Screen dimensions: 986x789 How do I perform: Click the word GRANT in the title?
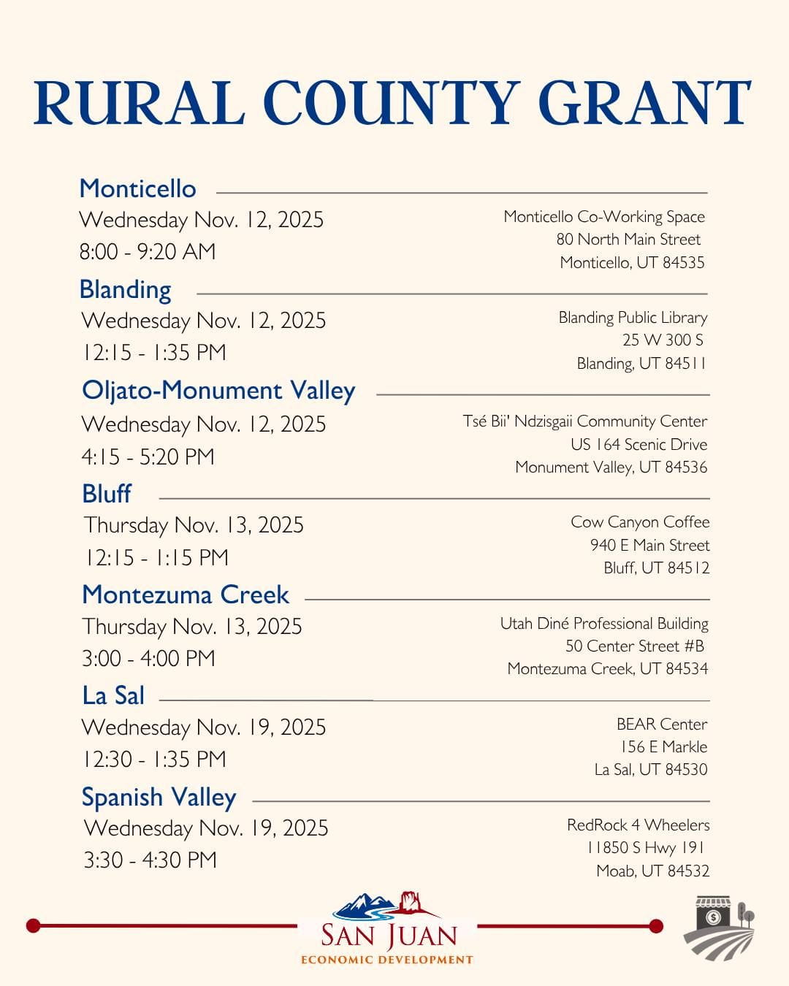[x=644, y=103]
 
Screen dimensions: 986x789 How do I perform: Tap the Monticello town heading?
[x=137, y=188]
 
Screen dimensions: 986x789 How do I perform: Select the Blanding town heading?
[x=125, y=289]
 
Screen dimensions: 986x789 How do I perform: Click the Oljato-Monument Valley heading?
[x=218, y=390]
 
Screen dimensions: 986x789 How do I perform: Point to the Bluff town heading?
[x=107, y=494]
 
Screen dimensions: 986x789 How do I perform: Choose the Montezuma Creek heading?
[x=186, y=595]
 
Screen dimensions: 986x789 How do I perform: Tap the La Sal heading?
[x=113, y=695]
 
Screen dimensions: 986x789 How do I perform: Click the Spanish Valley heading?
[x=159, y=797]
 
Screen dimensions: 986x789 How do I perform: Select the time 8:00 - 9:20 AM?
[x=148, y=251]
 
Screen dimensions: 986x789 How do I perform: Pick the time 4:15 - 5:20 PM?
[x=148, y=456]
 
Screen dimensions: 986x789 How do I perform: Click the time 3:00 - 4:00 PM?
[x=148, y=658]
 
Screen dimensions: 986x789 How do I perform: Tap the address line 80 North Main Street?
[x=628, y=239]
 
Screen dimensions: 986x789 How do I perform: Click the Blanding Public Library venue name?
[x=633, y=317]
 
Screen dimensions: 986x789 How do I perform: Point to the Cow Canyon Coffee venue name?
[x=640, y=521]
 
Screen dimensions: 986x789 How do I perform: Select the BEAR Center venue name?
[x=662, y=724]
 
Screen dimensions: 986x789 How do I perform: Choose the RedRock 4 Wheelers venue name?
[x=638, y=825]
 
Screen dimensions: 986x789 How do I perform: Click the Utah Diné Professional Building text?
[x=604, y=623]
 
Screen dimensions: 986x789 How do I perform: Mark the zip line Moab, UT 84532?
[x=652, y=871]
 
